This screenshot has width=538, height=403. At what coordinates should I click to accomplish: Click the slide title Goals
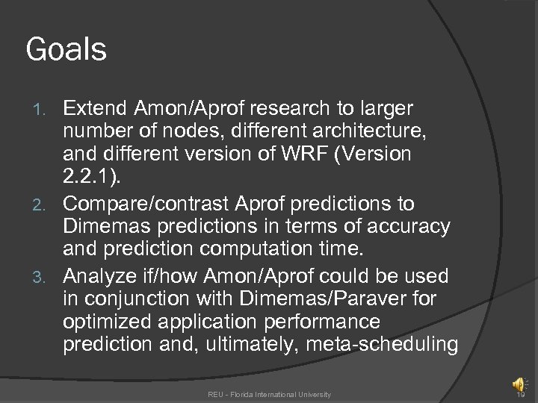67,50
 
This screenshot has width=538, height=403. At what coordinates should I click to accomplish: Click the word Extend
95,109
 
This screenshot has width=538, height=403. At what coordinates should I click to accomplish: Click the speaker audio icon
518,384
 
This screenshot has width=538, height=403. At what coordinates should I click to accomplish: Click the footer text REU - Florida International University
269,394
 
